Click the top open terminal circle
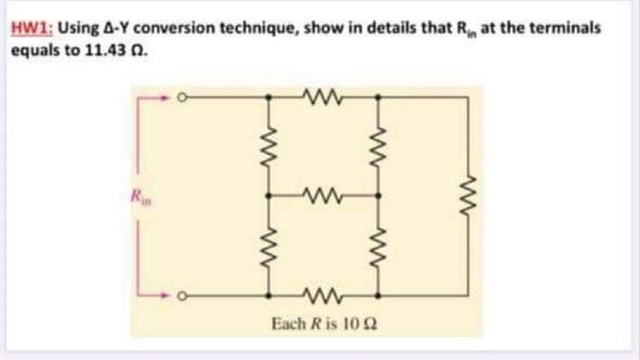pos(182,95)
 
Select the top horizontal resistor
pos(323,94)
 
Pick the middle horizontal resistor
pos(323,194)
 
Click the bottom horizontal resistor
pos(323,294)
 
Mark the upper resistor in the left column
pos(269,143)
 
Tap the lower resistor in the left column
pos(269,244)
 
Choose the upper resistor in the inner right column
pos(378,143)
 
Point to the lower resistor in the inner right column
pos(378,244)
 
